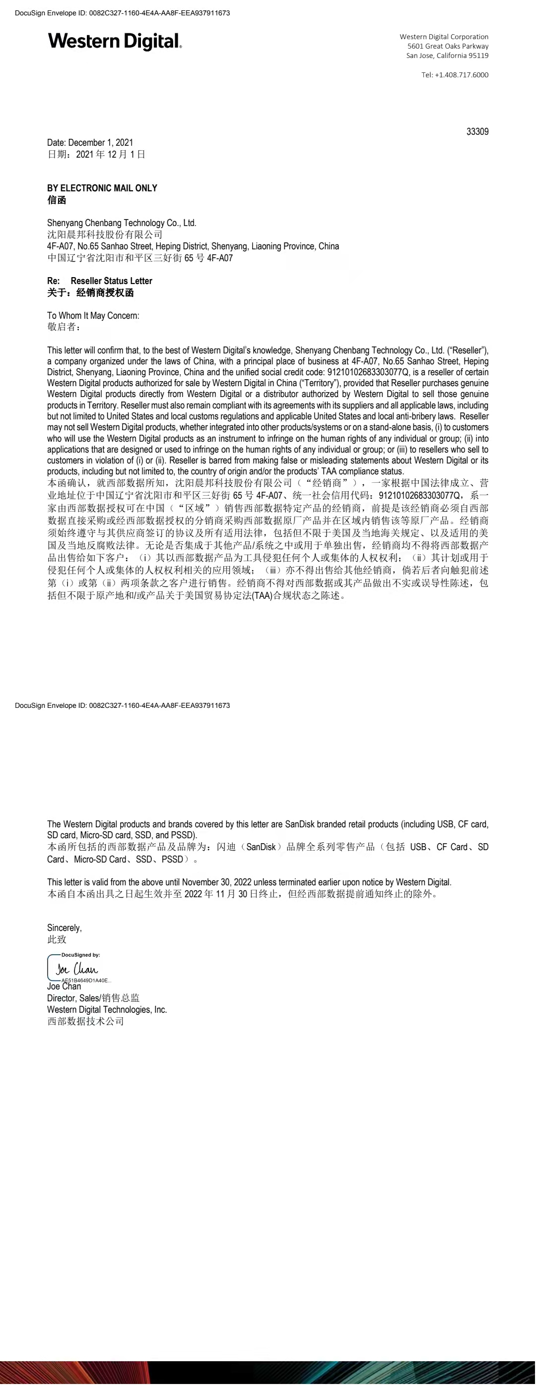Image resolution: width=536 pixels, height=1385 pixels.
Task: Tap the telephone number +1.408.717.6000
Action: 455,75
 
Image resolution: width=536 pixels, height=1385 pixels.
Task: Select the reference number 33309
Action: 477,132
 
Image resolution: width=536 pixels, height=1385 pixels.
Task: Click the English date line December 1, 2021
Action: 90,142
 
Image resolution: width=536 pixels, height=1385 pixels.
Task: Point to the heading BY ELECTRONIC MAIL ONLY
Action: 102,188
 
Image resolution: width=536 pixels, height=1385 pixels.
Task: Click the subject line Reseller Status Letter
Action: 111,281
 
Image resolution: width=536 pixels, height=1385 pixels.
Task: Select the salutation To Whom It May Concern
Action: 93,316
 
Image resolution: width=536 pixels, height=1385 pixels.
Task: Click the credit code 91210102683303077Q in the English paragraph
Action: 368,372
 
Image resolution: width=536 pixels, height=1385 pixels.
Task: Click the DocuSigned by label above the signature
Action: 81,955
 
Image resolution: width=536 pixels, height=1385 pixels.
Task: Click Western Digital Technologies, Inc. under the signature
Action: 107,1009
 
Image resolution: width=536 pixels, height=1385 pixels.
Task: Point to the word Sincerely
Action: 65,927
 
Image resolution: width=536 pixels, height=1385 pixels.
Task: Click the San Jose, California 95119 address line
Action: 447,56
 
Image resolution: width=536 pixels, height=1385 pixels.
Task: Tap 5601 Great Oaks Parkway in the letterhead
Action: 448,46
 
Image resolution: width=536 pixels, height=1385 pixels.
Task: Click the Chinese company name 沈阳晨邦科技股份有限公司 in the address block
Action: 104,234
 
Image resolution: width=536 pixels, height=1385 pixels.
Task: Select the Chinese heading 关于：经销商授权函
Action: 90,292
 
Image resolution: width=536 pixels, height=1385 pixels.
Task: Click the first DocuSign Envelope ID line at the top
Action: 123,13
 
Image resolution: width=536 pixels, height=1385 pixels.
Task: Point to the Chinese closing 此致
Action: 57,939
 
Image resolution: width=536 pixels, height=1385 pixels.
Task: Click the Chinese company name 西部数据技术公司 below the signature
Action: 85,1021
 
